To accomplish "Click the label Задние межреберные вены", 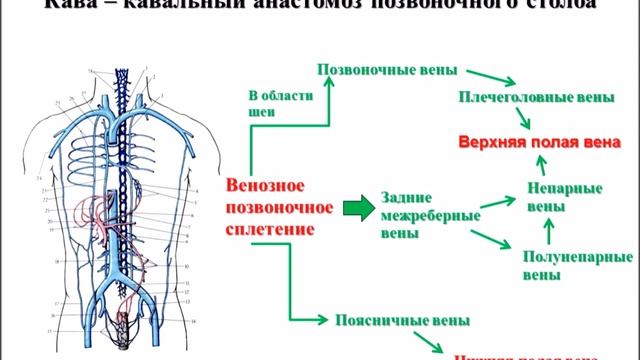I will coord(416,214).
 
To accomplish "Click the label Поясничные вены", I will coord(389,320).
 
